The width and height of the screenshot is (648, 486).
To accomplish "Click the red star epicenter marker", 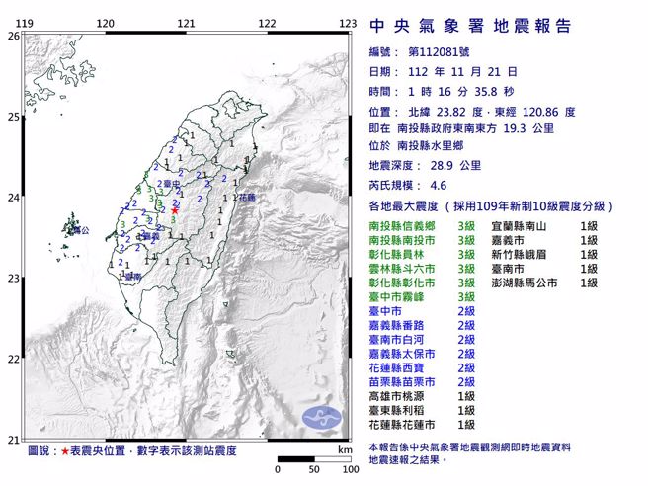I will (x=175, y=209).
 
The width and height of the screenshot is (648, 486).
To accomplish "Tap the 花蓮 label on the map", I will (x=245, y=197).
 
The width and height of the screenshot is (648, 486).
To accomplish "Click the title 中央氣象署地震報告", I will (x=469, y=27).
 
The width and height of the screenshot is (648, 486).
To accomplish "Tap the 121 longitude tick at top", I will (x=186, y=22).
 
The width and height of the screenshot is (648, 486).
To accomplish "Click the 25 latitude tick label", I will (x=13, y=117).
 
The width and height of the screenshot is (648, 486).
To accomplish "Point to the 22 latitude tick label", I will (x=13, y=359).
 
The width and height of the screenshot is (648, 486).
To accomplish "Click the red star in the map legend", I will (x=66, y=450).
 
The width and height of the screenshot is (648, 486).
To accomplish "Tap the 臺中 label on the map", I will (x=172, y=184).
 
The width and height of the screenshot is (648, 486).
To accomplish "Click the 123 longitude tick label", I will (x=347, y=22).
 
